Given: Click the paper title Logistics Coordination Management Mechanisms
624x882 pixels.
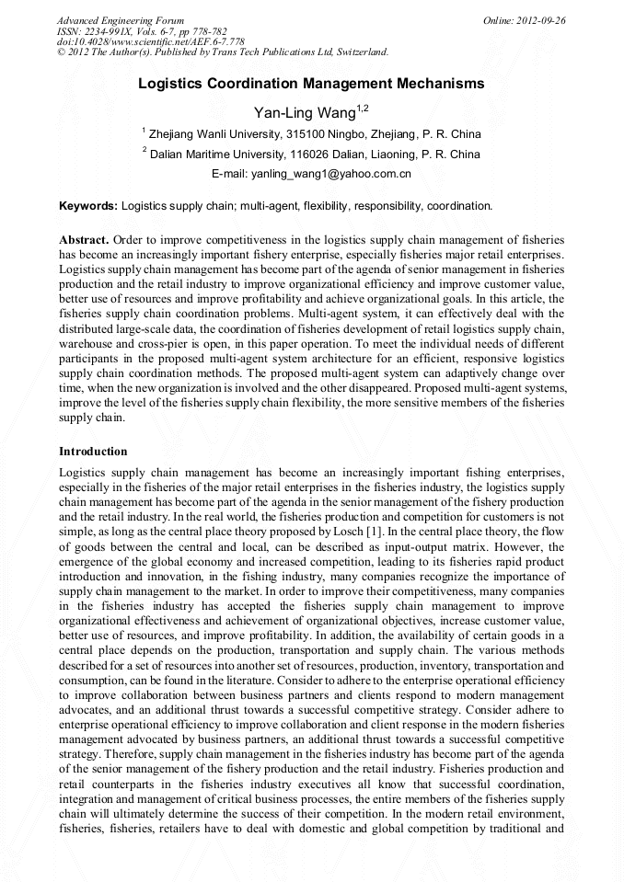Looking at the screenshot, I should [311, 84].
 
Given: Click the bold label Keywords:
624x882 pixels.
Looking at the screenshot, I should [88, 205].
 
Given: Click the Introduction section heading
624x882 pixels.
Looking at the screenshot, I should [93, 452].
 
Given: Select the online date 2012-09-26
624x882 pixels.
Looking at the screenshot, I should [541, 20].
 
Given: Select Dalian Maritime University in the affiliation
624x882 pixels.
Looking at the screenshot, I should [205, 154].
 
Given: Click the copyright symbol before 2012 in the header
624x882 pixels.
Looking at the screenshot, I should [62, 52].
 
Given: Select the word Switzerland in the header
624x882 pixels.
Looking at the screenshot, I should [359, 52].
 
